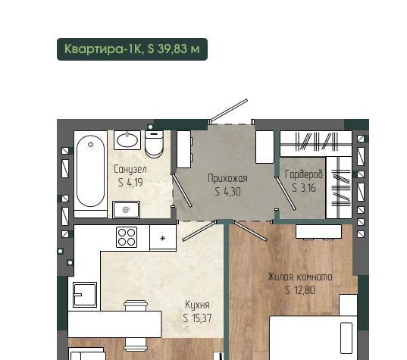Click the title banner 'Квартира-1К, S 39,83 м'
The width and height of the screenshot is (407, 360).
(x=132, y=49)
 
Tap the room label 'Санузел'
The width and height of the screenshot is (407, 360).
(x=130, y=170)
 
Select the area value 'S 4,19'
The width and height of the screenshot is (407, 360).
(x=130, y=183)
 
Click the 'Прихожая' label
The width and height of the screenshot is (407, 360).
(x=227, y=178)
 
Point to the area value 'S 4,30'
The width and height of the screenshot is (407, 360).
(x=227, y=192)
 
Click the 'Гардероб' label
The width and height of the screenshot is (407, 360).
(x=304, y=174)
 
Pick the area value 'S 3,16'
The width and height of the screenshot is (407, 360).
(x=304, y=188)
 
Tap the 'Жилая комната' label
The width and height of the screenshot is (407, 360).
(x=300, y=277)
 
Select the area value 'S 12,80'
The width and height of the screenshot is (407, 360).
(x=300, y=290)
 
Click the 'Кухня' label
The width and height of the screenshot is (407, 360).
(x=197, y=305)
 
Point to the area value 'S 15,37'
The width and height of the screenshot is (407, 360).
(x=197, y=318)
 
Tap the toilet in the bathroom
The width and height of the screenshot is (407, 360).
(x=154, y=144)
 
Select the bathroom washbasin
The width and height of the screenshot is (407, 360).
(x=127, y=140)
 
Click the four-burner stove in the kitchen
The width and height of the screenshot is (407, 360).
(x=127, y=237)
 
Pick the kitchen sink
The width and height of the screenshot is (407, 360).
(x=85, y=295)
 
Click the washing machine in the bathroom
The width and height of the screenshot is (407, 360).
(x=126, y=210)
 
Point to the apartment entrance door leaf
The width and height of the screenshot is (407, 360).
(x=229, y=111)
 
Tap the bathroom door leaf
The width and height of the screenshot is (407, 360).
(x=182, y=190)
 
